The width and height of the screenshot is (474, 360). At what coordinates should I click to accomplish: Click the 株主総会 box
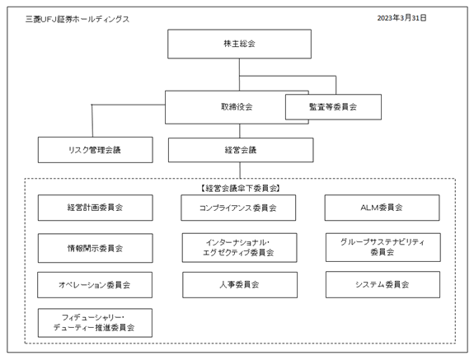(x=239, y=44)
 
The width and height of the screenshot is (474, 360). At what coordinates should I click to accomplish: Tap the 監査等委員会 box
(x=333, y=107)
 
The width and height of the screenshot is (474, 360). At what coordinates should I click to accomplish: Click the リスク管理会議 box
(x=96, y=150)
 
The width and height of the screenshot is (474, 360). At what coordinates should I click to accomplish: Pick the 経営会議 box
(x=241, y=150)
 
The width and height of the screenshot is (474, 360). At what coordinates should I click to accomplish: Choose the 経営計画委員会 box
(x=96, y=208)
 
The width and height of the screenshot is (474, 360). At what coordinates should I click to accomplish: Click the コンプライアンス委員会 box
(x=238, y=208)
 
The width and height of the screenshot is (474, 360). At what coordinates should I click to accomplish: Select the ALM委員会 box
(x=382, y=208)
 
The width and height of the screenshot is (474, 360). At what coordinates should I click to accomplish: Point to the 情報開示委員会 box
(x=96, y=248)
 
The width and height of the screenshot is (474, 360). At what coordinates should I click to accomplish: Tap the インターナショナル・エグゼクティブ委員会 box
(x=239, y=248)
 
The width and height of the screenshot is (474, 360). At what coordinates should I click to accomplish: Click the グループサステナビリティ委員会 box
(x=383, y=247)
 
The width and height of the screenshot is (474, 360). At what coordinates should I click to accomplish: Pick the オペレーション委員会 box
(x=95, y=285)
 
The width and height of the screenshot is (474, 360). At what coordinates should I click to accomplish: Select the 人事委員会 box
(x=240, y=285)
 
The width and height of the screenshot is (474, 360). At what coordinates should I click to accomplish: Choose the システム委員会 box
(x=382, y=284)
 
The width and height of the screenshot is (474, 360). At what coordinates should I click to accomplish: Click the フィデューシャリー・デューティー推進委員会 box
(x=95, y=323)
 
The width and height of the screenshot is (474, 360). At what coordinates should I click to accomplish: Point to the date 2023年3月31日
(x=401, y=18)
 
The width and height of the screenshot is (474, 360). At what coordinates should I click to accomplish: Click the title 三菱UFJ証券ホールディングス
(x=77, y=19)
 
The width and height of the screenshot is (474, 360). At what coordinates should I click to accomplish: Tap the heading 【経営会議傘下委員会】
(x=240, y=189)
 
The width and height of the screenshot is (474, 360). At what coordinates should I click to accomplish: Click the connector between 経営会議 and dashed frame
(x=240, y=171)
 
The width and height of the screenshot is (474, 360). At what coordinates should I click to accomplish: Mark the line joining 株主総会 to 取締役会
(x=239, y=75)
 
